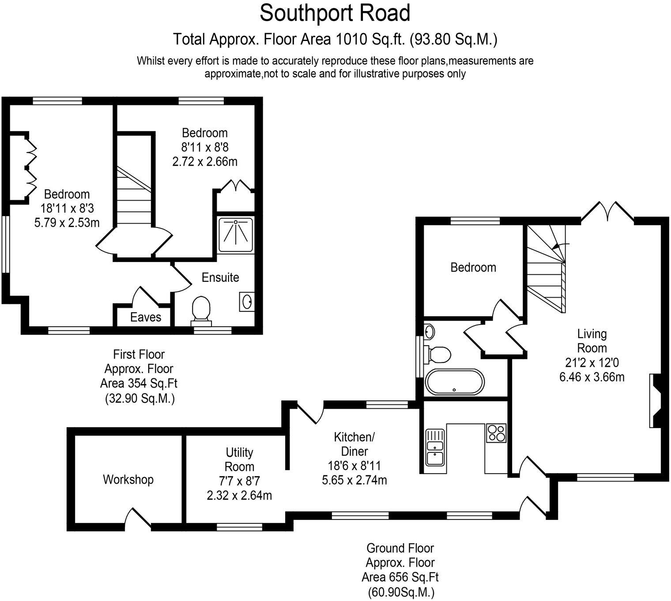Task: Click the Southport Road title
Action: coord(335,13)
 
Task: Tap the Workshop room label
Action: coord(128,479)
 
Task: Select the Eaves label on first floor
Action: coord(145,317)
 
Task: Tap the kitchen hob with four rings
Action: coord(496,433)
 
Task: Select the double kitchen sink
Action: coord(435,447)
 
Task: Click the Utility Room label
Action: coord(239,459)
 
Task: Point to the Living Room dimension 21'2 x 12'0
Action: coord(592,362)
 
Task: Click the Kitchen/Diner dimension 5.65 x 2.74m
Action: coord(354,480)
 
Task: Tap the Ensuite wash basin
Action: coord(246,302)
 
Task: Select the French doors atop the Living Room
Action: coord(607,212)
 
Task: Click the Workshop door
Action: coord(138,518)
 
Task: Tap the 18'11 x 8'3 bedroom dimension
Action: coord(67,209)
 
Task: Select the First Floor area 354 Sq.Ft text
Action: coord(139,383)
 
